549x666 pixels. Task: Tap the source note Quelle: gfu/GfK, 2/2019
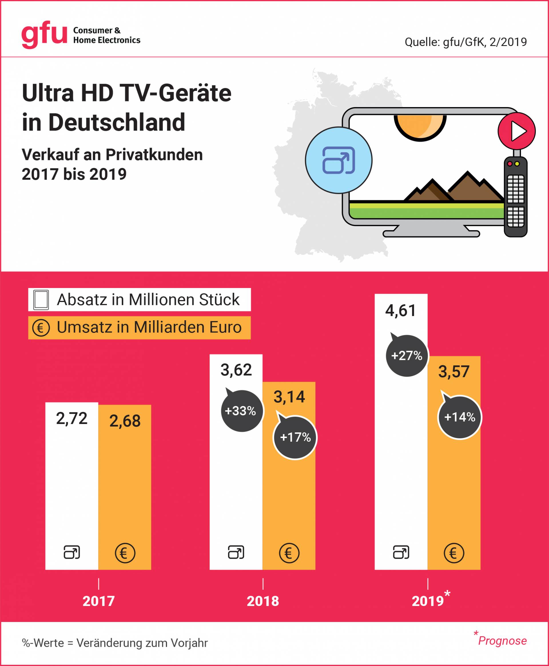[x=466, y=42]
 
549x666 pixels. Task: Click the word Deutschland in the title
[x=117, y=122]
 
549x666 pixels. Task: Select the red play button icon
[x=516, y=131]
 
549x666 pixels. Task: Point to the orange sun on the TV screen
[x=420, y=126]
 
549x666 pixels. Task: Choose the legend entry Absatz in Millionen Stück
[x=139, y=299]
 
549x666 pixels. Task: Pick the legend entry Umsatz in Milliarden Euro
[x=139, y=327]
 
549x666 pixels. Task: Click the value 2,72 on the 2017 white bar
[x=71, y=418]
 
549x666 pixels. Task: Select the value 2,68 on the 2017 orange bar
[x=125, y=421]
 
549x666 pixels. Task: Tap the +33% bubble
[x=241, y=411]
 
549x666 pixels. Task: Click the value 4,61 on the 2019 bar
[x=400, y=310]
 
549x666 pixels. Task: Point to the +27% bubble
[x=406, y=356]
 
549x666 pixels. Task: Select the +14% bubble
[x=460, y=417]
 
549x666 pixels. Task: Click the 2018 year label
[x=263, y=601]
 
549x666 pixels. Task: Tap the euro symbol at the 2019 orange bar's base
[x=454, y=553]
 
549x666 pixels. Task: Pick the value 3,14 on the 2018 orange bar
[x=289, y=397]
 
